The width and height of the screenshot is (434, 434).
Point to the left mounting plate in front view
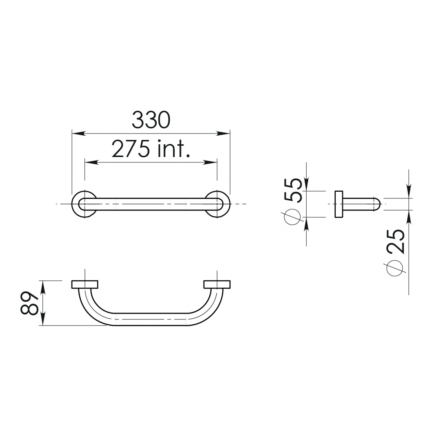pos(85,284)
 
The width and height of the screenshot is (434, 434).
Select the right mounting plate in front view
pos(217,284)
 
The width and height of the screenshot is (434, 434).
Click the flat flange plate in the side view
pos(339,204)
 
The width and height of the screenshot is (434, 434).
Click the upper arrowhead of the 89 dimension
pos(43,286)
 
